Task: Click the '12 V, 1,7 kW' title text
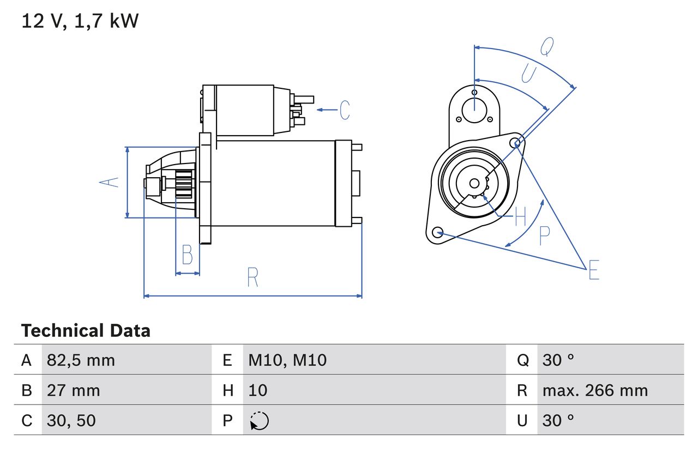pyautogui.click(x=80, y=21)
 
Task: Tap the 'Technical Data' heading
pyautogui.click(x=86, y=330)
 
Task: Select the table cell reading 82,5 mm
pyautogui.click(x=81, y=360)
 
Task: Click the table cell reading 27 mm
pyautogui.click(x=74, y=390)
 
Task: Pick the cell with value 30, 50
pyautogui.click(x=71, y=420)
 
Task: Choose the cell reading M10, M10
pyautogui.click(x=287, y=360)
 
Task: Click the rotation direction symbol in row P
pyautogui.click(x=259, y=421)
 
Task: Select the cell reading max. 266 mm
pyautogui.click(x=595, y=390)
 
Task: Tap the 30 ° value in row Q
pyautogui.click(x=558, y=360)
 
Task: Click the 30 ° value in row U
pyautogui.click(x=558, y=420)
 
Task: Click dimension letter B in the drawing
pyautogui.click(x=187, y=255)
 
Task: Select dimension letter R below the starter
pyautogui.click(x=252, y=277)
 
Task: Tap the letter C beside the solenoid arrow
pyautogui.click(x=345, y=110)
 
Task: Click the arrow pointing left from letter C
pyautogui.click(x=327, y=110)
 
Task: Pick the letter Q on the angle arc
pyautogui.click(x=547, y=47)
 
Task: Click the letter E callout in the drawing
pyautogui.click(x=593, y=270)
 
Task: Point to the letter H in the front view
pyautogui.click(x=520, y=217)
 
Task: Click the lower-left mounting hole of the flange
pyautogui.click(x=436, y=233)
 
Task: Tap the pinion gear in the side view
pyautogui.click(x=184, y=184)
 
